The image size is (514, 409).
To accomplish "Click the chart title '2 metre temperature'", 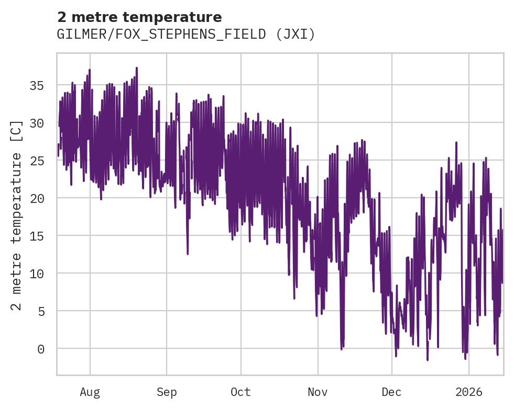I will point(139,17).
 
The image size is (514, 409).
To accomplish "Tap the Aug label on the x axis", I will point(90,392).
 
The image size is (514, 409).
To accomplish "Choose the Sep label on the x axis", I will point(167,392).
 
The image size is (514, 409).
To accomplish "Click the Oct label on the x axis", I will point(241,392).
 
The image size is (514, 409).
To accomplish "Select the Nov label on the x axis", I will point(318,392).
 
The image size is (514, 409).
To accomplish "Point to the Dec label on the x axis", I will point(392,392).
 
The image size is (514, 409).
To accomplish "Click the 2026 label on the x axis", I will point(469,392).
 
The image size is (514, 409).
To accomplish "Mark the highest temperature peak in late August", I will point(136,68).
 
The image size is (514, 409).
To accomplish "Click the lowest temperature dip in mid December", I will point(428,360).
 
